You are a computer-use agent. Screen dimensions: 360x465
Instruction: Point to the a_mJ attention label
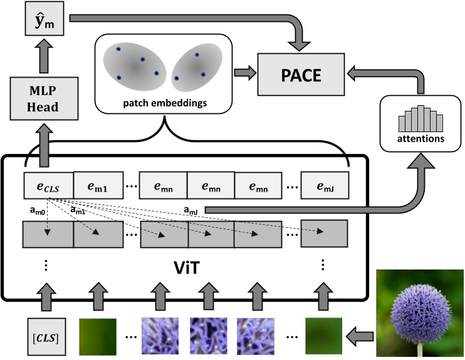click(192, 211)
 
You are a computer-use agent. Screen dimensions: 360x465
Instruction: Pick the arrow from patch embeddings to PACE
click(244, 73)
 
